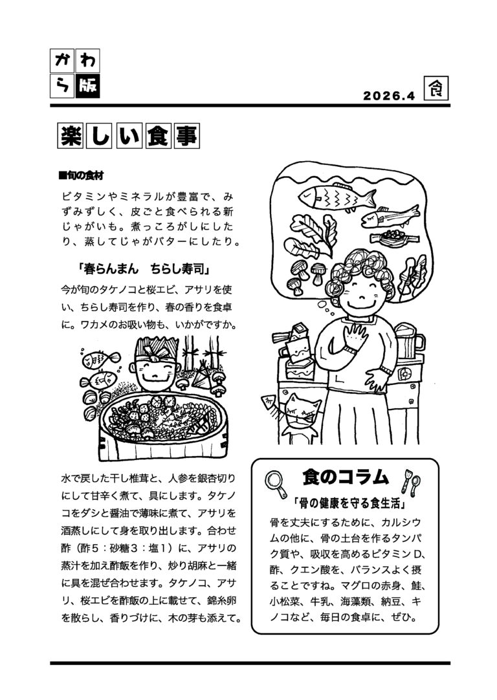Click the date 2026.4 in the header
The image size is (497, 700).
pyautogui.click(x=389, y=96)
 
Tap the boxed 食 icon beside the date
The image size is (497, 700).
pyautogui.click(x=436, y=89)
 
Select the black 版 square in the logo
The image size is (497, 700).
pyautogui.click(x=87, y=86)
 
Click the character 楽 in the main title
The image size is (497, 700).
pyautogui.click(x=72, y=135)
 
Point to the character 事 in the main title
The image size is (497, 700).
pyautogui.click(x=186, y=135)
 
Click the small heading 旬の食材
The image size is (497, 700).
pyautogui.click(x=82, y=176)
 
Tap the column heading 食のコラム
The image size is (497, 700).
pyautogui.click(x=345, y=477)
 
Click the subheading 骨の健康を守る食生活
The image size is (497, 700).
pyautogui.click(x=349, y=503)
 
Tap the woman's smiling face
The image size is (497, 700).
pyautogui.click(x=362, y=292)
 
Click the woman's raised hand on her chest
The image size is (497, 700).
pyautogui.click(x=356, y=336)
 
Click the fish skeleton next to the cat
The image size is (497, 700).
pyautogui.click(x=272, y=404)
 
